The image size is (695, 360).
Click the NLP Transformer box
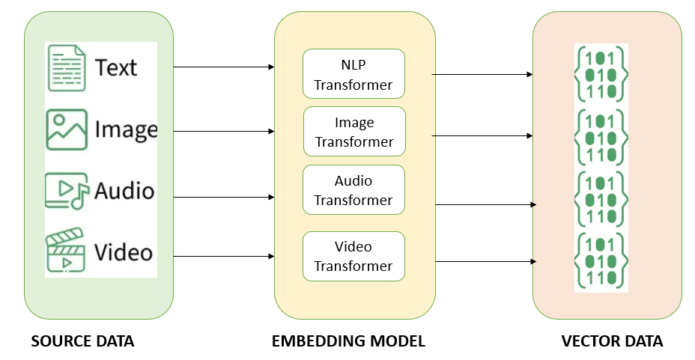tap(353, 73)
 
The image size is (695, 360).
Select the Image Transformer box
tap(354, 132)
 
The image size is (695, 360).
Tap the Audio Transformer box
tap(353, 190)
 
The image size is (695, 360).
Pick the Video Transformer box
tap(353, 256)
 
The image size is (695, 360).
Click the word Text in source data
tap(116, 67)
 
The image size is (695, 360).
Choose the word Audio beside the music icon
tap(124, 190)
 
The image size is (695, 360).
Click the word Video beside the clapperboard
tap(123, 251)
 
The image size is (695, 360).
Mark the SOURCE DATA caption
tap(82, 342)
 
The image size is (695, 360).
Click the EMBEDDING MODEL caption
tap(348, 342)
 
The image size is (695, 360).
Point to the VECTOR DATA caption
tap(612, 342)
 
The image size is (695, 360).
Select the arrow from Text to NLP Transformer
tap(223, 67)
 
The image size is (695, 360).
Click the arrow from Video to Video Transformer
tap(223, 257)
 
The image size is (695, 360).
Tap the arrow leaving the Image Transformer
tap(482, 136)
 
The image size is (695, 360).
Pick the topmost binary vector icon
tap(600, 73)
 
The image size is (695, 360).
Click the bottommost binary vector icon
tap(600, 260)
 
